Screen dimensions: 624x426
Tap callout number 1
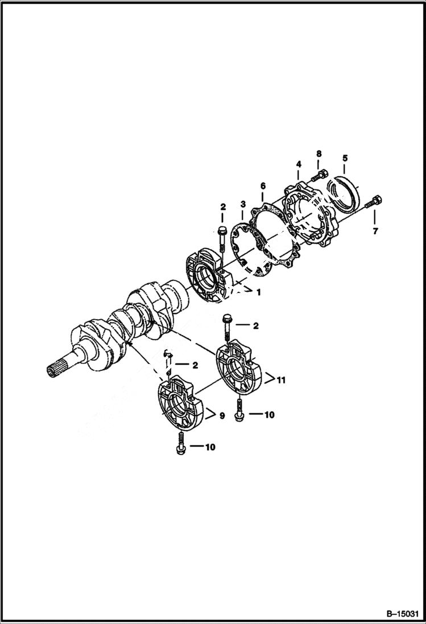pyautogui.click(x=258, y=292)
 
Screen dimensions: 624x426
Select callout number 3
pyautogui.click(x=242, y=204)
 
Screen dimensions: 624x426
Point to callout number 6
pyautogui.click(x=262, y=185)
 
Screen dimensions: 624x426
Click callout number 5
pyautogui.click(x=345, y=158)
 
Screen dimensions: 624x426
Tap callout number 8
pyautogui.click(x=319, y=154)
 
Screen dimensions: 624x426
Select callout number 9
pyautogui.click(x=222, y=416)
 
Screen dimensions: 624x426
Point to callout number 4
pyautogui.click(x=298, y=164)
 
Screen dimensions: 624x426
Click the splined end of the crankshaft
pyautogui.click(x=57, y=370)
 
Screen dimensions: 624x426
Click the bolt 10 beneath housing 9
pyautogui.click(x=181, y=444)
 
